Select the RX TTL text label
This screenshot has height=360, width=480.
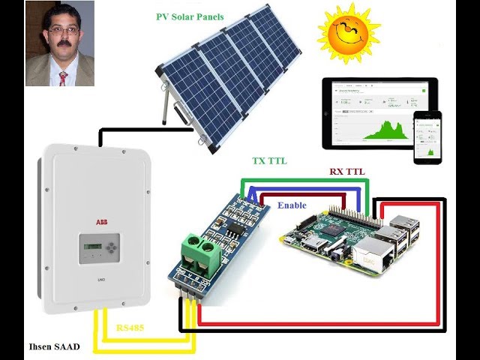click(x=347, y=172)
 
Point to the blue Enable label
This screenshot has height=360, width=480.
click(x=292, y=205)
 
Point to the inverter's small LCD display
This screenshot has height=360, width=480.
click(x=89, y=248)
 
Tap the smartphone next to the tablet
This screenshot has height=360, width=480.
click(x=428, y=138)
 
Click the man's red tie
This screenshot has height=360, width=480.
click(x=63, y=76)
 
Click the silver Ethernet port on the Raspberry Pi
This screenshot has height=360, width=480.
click(x=371, y=256)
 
